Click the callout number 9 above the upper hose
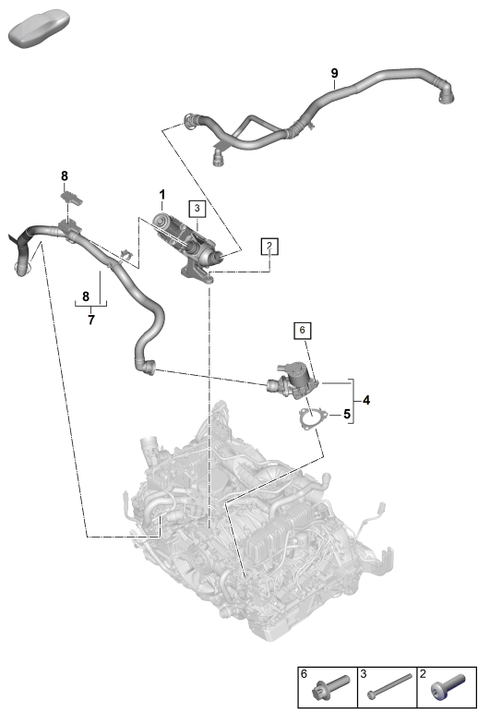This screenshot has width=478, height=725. (334, 73)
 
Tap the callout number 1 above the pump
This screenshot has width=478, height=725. (162, 195)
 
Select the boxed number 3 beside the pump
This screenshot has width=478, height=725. (197, 209)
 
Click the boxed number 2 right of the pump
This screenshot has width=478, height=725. (269, 246)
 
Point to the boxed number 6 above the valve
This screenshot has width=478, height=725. (302, 330)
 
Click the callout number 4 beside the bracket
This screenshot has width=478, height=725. (366, 400)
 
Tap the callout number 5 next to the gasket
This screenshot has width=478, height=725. (347, 414)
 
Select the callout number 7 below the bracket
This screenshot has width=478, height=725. (91, 320)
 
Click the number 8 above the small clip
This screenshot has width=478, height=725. (65, 175)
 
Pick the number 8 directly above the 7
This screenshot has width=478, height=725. (86, 296)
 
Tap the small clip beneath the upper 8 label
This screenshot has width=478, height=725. (72, 197)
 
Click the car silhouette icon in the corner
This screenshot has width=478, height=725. (39, 28)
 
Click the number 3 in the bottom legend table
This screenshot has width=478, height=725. (364, 674)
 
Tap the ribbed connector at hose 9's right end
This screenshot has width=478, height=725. (445, 92)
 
